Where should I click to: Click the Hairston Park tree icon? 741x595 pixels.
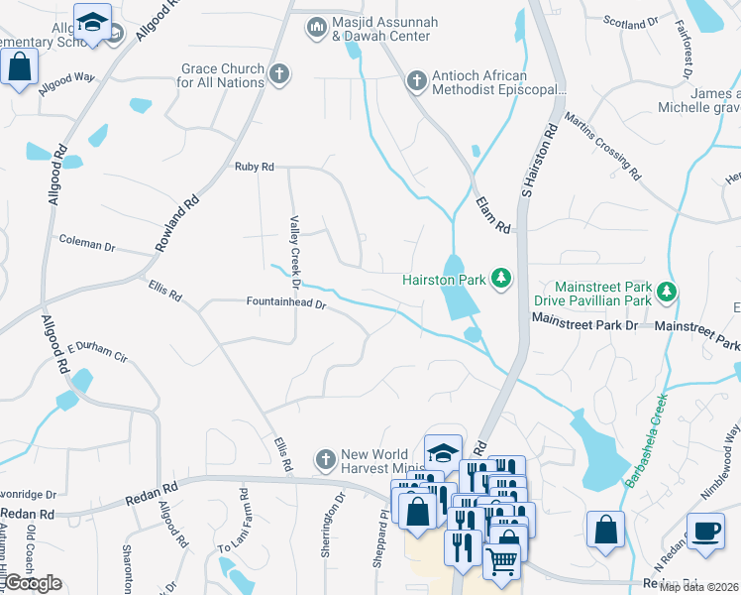(500, 280)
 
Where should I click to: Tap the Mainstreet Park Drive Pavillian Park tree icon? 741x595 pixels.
(668, 290)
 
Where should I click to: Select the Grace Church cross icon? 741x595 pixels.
(280, 73)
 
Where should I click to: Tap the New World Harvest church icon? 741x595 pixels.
(324, 459)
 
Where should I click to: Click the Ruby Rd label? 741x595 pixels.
(254, 167)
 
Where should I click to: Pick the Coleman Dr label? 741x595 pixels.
(87, 240)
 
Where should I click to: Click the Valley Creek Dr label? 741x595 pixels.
(294, 253)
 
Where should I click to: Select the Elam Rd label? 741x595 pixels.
(492, 214)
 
